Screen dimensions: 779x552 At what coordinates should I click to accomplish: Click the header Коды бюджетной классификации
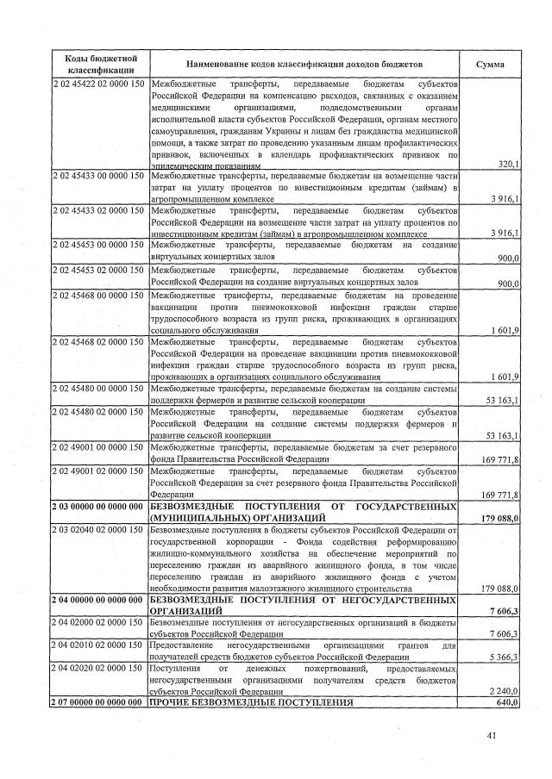pyautogui.click(x=100, y=64)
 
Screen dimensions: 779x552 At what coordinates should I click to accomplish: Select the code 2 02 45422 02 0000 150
pyautogui.click(x=100, y=84)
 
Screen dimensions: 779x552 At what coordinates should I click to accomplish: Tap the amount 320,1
pyautogui.click(x=508, y=164)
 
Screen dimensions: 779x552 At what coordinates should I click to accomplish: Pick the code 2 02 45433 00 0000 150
pyautogui.click(x=100, y=176)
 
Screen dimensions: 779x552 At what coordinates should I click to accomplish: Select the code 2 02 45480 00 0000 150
pyautogui.click(x=100, y=389)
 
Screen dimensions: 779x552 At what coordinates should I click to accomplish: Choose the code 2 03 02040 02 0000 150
pyautogui.click(x=100, y=528)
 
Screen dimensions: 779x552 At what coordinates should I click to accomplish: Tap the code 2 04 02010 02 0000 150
pyautogui.click(x=100, y=645)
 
